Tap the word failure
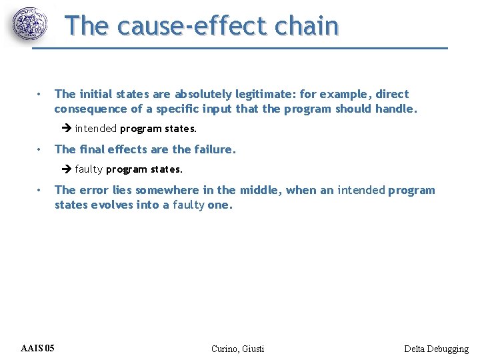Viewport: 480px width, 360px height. (x=215, y=149)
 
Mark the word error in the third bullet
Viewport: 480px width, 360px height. (x=93, y=191)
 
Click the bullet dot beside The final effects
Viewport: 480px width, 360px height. (x=40, y=149)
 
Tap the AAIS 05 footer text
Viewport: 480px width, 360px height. (x=38, y=348)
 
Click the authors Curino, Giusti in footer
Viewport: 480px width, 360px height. (x=237, y=349)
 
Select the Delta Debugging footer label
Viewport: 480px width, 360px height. (x=436, y=349)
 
